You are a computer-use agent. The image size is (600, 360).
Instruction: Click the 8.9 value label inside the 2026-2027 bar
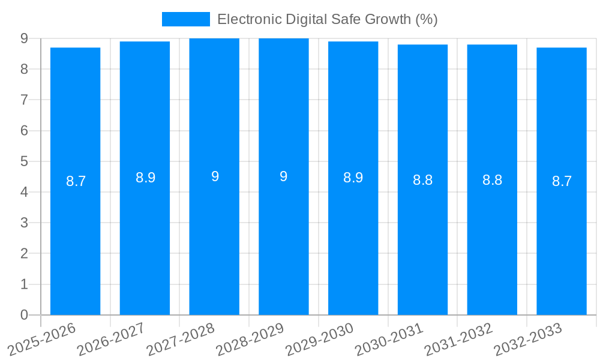coord(145,178)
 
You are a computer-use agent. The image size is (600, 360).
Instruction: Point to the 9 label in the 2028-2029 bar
coord(284,176)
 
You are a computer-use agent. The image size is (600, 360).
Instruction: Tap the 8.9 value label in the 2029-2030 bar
coord(353,178)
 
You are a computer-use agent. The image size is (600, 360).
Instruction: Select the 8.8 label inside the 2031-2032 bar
coord(492,180)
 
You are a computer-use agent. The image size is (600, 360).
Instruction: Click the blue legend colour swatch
coord(185,19)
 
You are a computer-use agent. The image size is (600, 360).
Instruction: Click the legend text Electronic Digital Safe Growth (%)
coord(327,19)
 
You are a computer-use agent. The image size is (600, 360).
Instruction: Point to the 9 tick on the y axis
coord(24,38)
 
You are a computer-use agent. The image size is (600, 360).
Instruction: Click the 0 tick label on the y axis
coord(24,315)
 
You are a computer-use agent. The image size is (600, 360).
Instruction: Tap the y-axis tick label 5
coord(24,161)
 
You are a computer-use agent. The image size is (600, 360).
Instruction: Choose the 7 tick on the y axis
coord(24,100)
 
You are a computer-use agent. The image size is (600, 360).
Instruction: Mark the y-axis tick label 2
coord(24,254)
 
